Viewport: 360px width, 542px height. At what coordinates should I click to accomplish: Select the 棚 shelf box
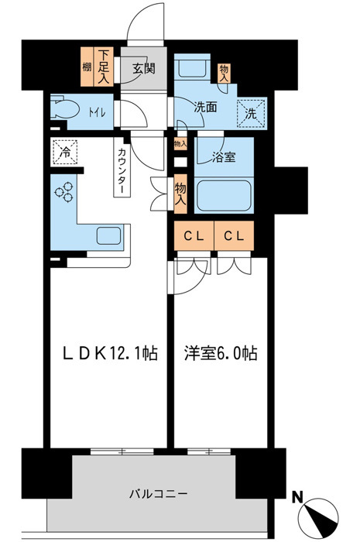87,69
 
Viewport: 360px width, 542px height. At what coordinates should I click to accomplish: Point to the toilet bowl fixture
62,109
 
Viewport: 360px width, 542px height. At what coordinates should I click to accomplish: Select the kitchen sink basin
108,236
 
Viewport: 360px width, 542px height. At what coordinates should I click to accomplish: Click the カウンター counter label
123,170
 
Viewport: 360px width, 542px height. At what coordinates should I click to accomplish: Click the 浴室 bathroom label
225,158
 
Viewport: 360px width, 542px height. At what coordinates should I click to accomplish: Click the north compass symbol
320,513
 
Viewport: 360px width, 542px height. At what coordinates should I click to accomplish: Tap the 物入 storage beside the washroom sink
225,71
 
